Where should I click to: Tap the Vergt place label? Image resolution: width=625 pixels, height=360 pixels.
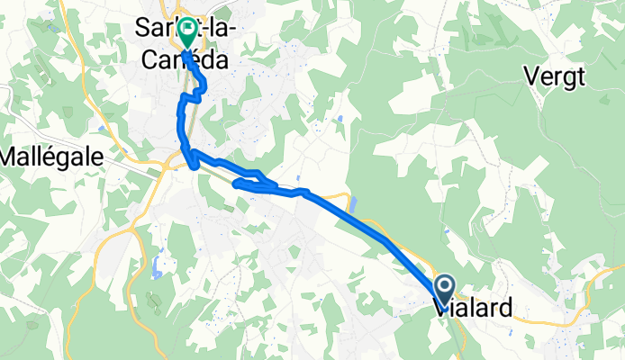click(x=553, y=76)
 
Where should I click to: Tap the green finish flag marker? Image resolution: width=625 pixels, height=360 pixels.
click(x=186, y=33)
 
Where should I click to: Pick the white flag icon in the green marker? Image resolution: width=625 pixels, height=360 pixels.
click(x=186, y=30)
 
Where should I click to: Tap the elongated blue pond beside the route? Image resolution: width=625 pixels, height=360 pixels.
click(x=351, y=206)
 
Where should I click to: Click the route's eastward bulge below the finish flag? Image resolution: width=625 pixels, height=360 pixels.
click(x=202, y=86)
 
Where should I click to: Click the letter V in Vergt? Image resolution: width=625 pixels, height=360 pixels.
click(x=528, y=76)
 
